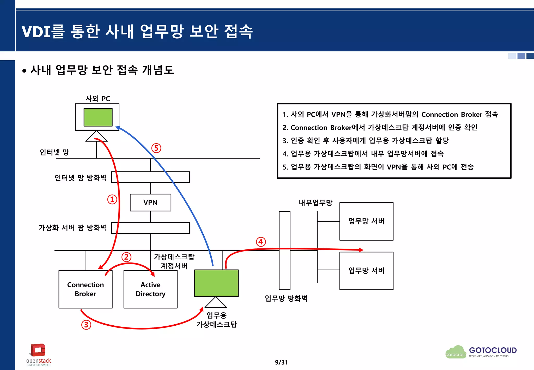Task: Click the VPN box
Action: pyautogui.click(x=150, y=202)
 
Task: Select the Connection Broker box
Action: pyautogui.click(x=85, y=289)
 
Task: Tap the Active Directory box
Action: pyautogui.click(x=150, y=289)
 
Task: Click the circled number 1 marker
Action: pyautogui.click(x=112, y=199)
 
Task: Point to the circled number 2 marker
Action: pyautogui.click(x=126, y=257)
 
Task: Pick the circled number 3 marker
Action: pyautogui.click(x=86, y=325)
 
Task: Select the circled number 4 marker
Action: pyautogui.click(x=261, y=242)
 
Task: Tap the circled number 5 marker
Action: pyautogui.click(x=156, y=148)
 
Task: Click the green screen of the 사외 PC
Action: pyautogui.click(x=98, y=117)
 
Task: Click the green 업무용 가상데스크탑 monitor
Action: pyautogui.click(x=216, y=283)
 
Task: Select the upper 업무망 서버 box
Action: pyautogui.click(x=366, y=221)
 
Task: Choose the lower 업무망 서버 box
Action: pyautogui.click(x=366, y=271)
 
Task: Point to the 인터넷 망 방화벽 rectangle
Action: pyautogui.click(x=150, y=177)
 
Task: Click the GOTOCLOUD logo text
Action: pyautogui.click(x=493, y=350)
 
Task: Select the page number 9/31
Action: pyautogui.click(x=281, y=362)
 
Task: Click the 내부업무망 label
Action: pyautogui.click(x=315, y=203)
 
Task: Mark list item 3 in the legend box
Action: pyautogui.click(x=365, y=141)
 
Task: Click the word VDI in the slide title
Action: pyautogui.click(x=36, y=32)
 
